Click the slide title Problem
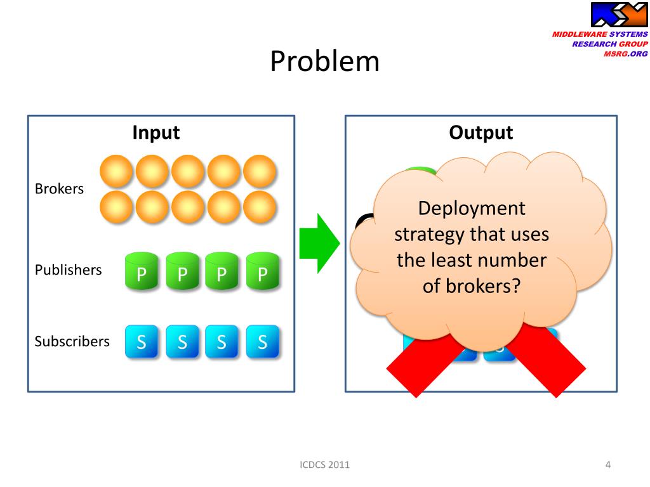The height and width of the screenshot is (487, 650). [325, 62]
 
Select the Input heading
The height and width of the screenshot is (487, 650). [156, 133]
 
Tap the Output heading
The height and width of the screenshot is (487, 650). [481, 133]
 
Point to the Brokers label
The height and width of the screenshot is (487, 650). [59, 189]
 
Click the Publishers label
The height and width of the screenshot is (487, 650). [68, 269]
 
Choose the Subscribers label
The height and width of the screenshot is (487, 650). [72, 341]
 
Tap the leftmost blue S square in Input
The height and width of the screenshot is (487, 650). [142, 341]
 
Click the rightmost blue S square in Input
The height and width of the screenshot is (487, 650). [262, 341]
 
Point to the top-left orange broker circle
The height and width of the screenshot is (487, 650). [117, 171]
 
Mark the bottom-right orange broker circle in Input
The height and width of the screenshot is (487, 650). [260, 207]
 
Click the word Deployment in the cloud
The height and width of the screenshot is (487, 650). [472, 209]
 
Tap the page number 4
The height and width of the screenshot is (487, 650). [608, 465]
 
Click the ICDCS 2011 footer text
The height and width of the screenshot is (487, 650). [324, 465]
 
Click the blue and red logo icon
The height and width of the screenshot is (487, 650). [619, 15]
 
